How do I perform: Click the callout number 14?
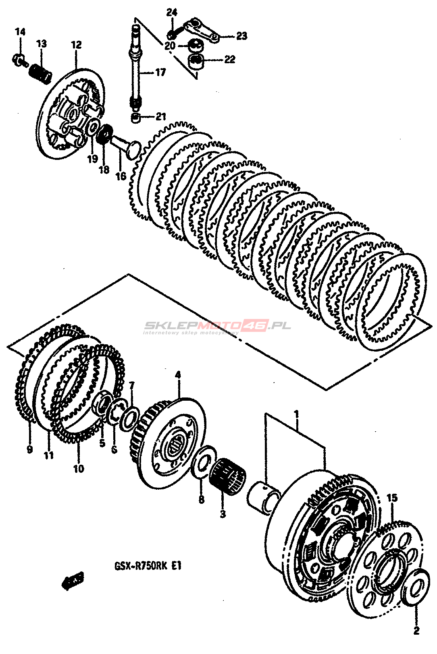pyautogui.click(x=20, y=31)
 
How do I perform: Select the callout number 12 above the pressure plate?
pyautogui.click(x=76, y=45)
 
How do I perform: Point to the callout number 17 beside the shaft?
pyautogui.click(x=160, y=72)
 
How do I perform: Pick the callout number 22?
pyautogui.click(x=229, y=60)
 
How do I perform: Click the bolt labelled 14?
pyautogui.click(x=19, y=60)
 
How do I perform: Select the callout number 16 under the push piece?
pyautogui.click(x=120, y=176)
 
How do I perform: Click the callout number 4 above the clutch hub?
pyautogui.click(x=178, y=375)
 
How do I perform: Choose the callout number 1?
pyautogui.click(x=296, y=414)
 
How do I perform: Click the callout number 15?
pyautogui.click(x=392, y=498)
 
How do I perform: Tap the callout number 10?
pyautogui.click(x=79, y=468)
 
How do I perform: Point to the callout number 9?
pyautogui.click(x=29, y=449)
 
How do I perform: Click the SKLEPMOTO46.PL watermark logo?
pyautogui.click(x=218, y=326)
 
